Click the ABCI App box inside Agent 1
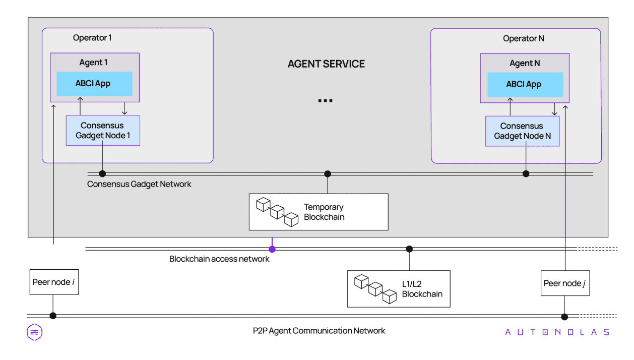pyautogui.click(x=94, y=84)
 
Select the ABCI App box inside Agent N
pyautogui.click(x=525, y=84)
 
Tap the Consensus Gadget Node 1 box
pyautogui.click(x=103, y=131)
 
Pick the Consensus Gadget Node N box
pyautogui.click(x=522, y=131)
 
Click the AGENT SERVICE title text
pyautogui.click(x=326, y=64)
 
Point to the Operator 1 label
pyautogui.click(x=92, y=38)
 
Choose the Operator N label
pyautogui.click(x=523, y=38)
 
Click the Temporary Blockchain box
pyautogui.click(x=319, y=212)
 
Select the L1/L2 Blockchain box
pyautogui.click(x=398, y=289)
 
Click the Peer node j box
pyautogui.click(x=564, y=283)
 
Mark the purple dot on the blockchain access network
pyautogui.click(x=272, y=249)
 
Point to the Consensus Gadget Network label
pyautogui.click(x=139, y=184)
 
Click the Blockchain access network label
pyautogui.click(x=219, y=259)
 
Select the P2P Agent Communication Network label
pyautogui.click(x=319, y=331)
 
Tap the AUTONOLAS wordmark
pyautogui.click(x=557, y=332)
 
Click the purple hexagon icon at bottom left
pyautogui.click(x=34, y=332)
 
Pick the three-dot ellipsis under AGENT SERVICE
pyautogui.click(x=325, y=101)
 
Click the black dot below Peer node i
pyautogui.click(x=53, y=316)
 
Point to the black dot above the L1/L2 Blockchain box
pyautogui.click(x=409, y=249)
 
